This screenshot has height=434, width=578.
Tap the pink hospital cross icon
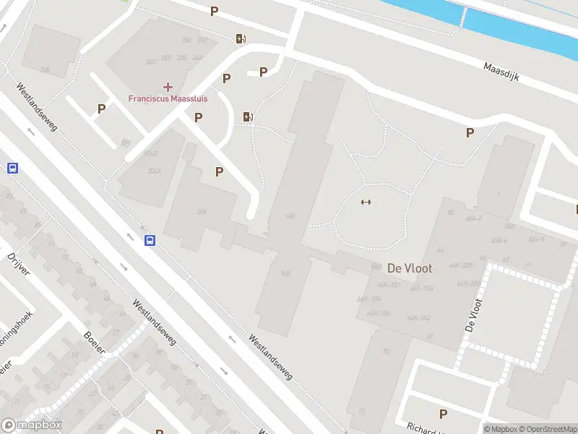point(168,87)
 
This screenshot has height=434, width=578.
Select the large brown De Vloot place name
point(410,268)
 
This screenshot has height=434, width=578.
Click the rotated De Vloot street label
point(473,315)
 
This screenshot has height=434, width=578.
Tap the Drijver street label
point(19,264)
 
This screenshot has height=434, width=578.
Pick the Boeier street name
point(95,342)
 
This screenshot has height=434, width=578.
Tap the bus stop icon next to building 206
point(150,241)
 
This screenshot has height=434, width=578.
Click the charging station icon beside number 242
point(240,39)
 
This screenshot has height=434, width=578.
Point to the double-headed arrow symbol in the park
point(366,202)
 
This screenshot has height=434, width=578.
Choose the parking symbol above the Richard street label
point(443,414)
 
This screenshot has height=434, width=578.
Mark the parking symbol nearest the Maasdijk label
point(470,132)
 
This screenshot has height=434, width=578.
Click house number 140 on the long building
point(290,216)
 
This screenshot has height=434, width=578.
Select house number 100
point(286,273)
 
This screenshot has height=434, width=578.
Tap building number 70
point(386,352)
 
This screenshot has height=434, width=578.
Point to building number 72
point(361,412)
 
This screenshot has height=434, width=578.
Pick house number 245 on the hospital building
point(150,62)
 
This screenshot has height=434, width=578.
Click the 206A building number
point(151,172)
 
